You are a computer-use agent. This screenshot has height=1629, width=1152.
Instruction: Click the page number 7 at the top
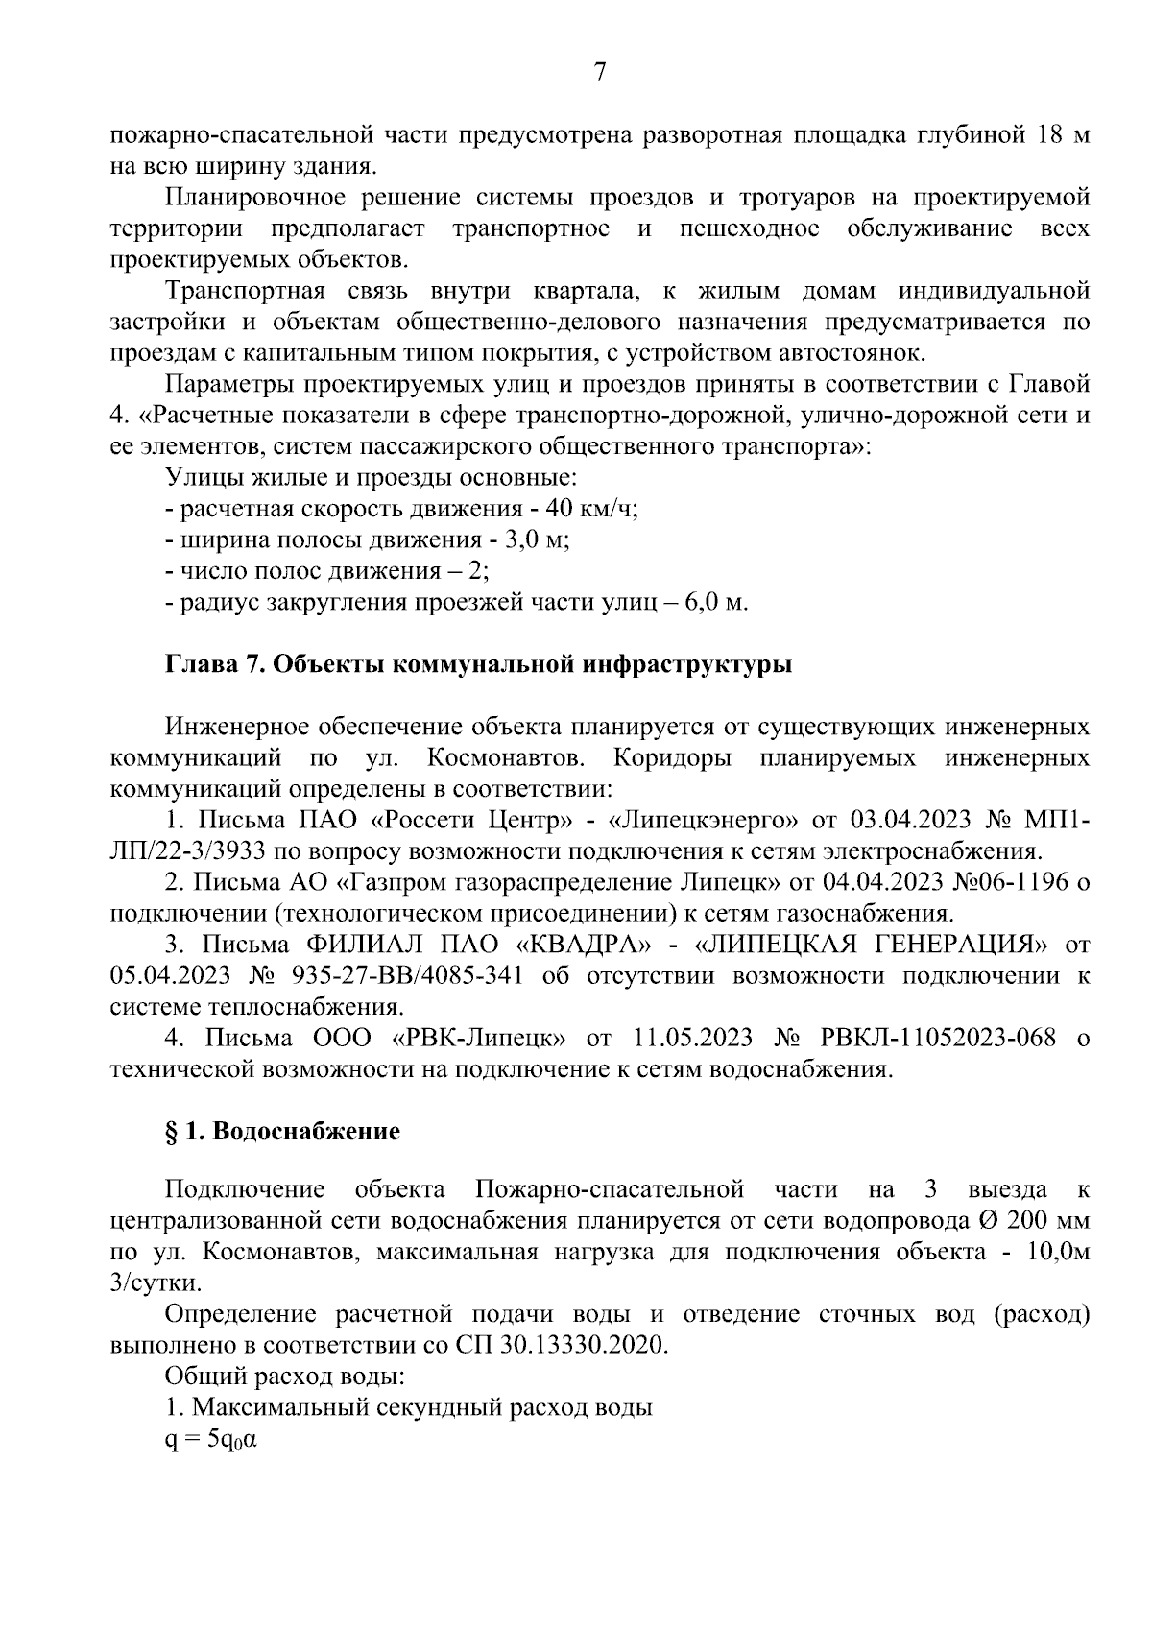coord(600,73)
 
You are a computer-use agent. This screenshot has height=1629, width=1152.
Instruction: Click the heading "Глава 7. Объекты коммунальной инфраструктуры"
coord(479,664)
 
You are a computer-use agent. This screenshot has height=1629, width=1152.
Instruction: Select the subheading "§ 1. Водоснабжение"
coord(282,1131)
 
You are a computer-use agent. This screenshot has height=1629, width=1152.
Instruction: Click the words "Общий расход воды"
coord(284,1377)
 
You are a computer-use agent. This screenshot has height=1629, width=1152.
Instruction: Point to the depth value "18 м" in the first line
coord(1062,134)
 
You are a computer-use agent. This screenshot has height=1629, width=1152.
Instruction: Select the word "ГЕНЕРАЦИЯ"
coord(947,945)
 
